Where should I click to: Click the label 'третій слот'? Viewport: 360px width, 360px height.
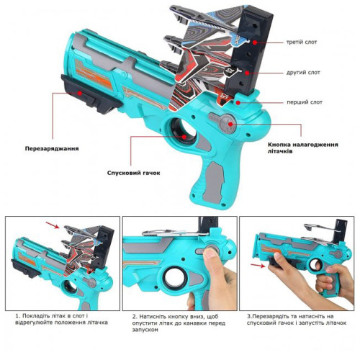(x=302, y=42)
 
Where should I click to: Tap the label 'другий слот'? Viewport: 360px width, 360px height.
(x=303, y=73)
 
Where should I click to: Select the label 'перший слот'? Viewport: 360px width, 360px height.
(x=305, y=102)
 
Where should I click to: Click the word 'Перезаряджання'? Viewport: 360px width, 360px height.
(x=52, y=148)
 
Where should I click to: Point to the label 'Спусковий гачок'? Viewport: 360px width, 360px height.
(x=133, y=173)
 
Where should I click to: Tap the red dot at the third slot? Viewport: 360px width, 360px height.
(x=255, y=42)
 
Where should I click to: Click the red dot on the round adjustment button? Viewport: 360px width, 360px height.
(x=230, y=124)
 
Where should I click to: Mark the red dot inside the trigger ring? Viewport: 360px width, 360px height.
(x=184, y=137)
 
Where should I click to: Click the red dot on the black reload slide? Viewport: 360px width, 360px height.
(x=79, y=93)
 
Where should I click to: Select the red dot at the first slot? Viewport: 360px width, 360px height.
(x=238, y=102)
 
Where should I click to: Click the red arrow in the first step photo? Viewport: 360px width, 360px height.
(x=53, y=225)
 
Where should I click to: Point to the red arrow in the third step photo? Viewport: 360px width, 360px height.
(x=258, y=265)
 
